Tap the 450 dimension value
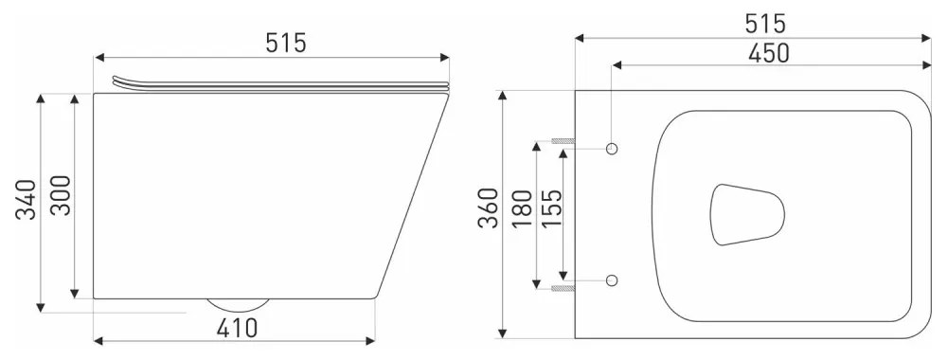tap(769, 52)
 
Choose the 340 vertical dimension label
tap(26, 199)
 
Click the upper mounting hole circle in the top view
tap(611, 149)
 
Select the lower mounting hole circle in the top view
tap(611, 280)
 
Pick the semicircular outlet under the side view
tap(237, 305)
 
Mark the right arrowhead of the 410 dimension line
tap(374, 337)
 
